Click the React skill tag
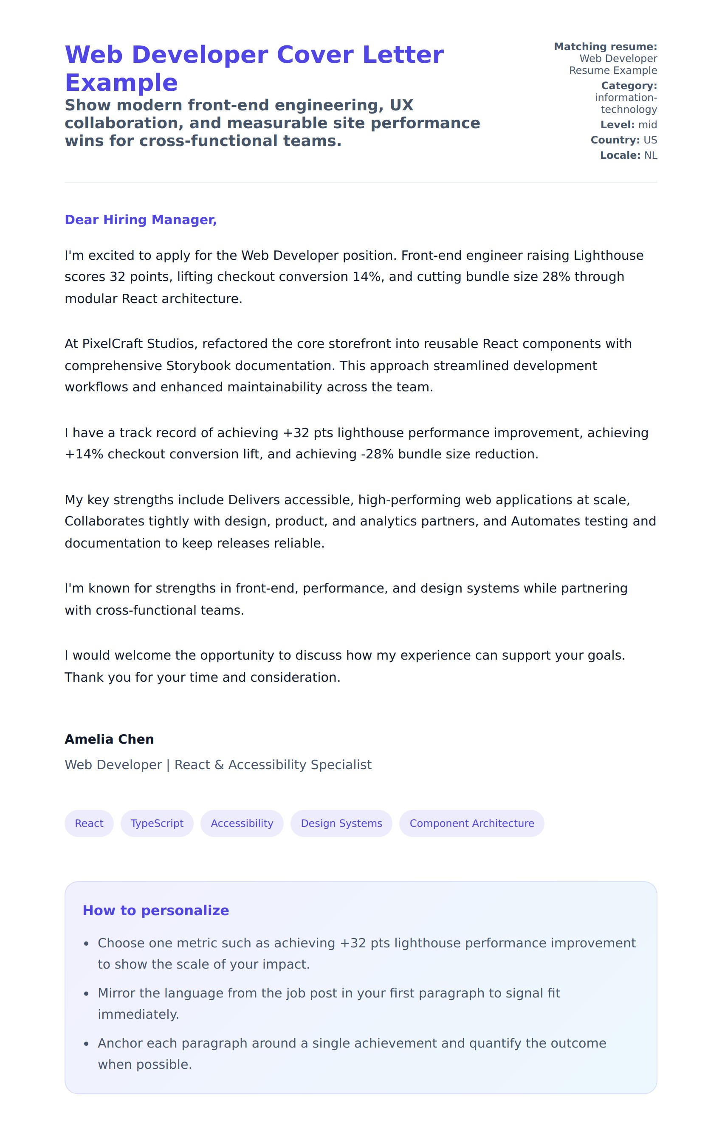[89, 823]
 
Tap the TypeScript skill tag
[157, 823]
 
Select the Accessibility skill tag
[242, 823]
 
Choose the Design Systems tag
[341, 823]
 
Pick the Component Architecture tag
[471, 823]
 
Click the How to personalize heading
[155, 910]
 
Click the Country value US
[650, 140]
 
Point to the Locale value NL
[650, 155]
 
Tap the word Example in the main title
[121, 83]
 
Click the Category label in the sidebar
[629, 86]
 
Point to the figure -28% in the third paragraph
[377, 454]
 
